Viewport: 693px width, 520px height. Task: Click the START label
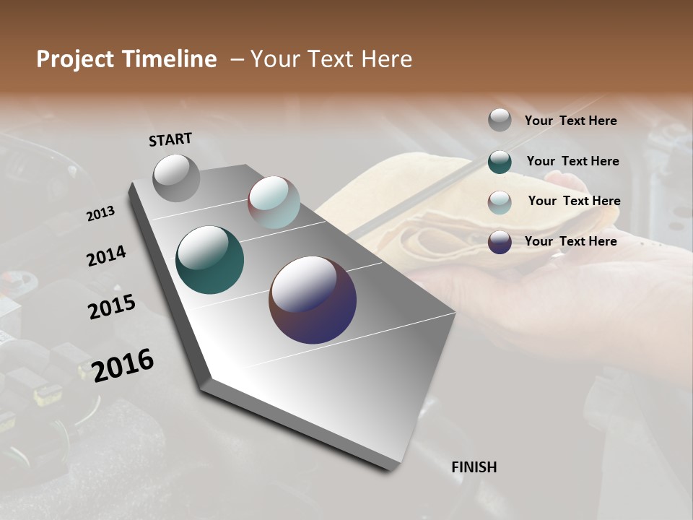coord(170,139)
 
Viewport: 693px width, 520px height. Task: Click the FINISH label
coord(474,467)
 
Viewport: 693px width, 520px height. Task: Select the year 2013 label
coord(100,214)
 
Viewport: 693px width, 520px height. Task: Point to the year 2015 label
coord(112,307)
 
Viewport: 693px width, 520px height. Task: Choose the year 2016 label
coord(123,365)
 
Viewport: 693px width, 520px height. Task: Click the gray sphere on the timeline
coord(176,178)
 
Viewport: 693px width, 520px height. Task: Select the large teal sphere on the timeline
coord(209,260)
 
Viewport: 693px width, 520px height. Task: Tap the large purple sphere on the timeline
coord(313,300)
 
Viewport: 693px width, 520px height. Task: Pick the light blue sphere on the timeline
coord(274,202)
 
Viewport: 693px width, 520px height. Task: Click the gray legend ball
coord(500,120)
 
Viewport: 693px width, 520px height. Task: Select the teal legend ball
coord(500,162)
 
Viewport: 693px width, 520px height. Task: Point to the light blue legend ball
coord(500,202)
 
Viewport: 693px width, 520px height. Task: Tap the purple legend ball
coord(500,242)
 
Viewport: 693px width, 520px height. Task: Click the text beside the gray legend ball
coord(570,121)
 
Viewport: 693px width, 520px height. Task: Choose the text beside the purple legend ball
coord(570,241)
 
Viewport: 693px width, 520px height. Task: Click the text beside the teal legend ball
coord(572,161)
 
